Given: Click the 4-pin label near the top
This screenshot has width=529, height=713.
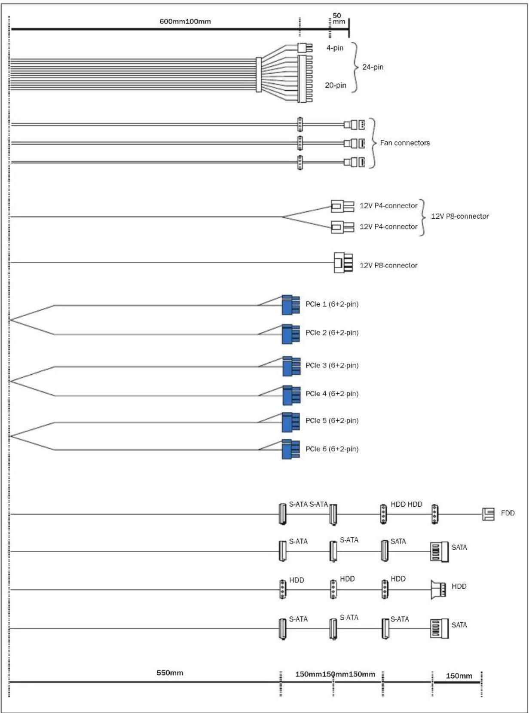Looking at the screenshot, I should click(x=335, y=48).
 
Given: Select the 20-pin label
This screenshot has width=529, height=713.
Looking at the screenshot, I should click(x=335, y=85).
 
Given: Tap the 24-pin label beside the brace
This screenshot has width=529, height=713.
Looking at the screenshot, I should click(x=373, y=67).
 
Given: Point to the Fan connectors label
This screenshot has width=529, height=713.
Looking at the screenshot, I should click(x=405, y=143).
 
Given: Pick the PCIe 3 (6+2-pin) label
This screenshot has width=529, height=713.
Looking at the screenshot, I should click(x=332, y=365).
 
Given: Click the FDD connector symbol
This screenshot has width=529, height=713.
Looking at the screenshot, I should click(x=488, y=514).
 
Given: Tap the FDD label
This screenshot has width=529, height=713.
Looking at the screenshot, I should click(x=508, y=513).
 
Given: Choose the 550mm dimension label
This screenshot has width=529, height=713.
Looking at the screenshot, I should click(x=170, y=673).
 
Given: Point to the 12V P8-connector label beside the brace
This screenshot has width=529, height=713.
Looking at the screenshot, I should click(x=460, y=216).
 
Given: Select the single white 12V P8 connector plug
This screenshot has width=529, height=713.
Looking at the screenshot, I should click(x=343, y=263).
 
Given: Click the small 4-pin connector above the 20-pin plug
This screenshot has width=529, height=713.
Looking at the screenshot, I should click(x=305, y=47).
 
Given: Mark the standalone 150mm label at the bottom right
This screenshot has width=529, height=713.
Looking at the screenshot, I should click(x=459, y=676).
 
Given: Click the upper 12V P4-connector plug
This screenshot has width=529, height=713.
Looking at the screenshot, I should click(x=342, y=206).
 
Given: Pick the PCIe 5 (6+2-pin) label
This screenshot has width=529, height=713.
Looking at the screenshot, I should click(x=332, y=420).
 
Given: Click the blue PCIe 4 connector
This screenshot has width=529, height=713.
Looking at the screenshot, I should click(x=291, y=395).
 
